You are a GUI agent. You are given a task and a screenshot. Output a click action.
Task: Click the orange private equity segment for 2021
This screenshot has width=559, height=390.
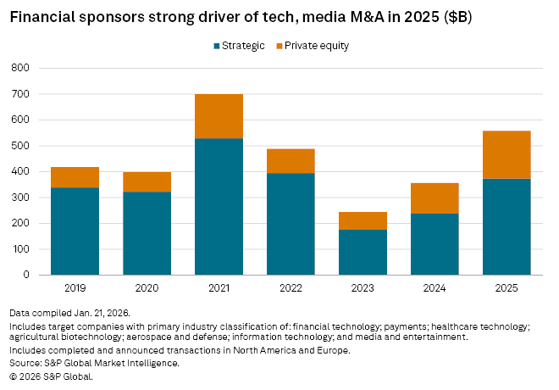tap(219, 116)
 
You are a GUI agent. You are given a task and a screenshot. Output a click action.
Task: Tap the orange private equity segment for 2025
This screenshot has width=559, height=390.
tap(506, 154)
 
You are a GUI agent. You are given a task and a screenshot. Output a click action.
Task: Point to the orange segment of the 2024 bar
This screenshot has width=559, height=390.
tap(434, 198)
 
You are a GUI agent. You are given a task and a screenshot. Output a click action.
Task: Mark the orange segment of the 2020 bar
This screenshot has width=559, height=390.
tap(147, 181)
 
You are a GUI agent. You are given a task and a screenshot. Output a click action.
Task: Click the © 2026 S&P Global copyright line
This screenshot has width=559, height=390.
tap(51, 375)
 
